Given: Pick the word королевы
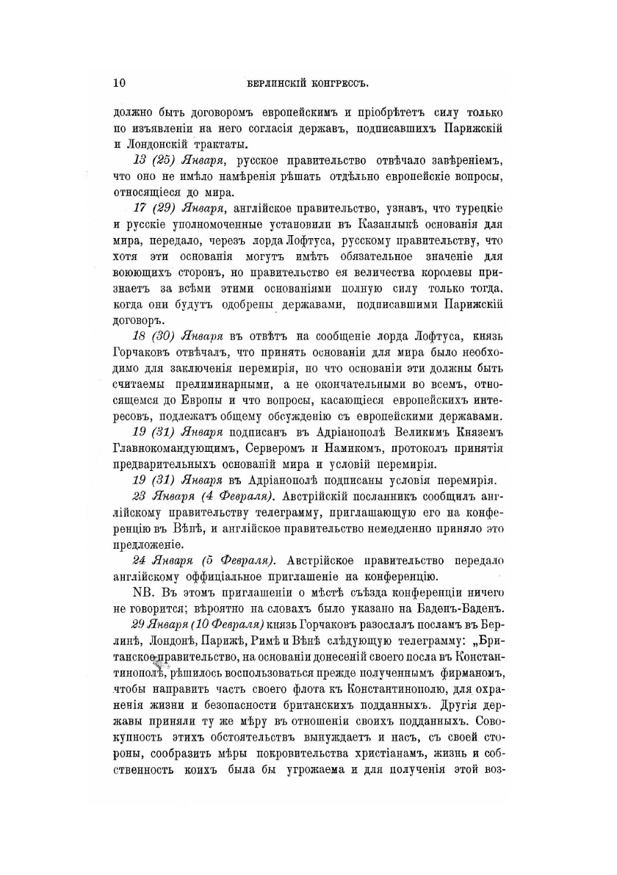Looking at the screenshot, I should point(436,273).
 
